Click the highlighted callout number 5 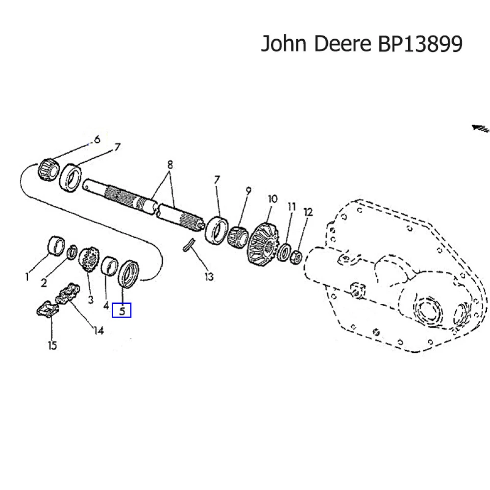click(x=122, y=310)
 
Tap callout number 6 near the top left click(x=97, y=140)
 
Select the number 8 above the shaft click(x=170, y=165)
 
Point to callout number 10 click(x=272, y=199)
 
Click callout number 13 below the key click(x=209, y=277)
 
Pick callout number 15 click(x=52, y=345)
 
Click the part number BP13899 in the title click(x=420, y=44)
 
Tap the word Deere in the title click(x=343, y=44)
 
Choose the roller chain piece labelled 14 click(x=68, y=295)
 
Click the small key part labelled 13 click(x=189, y=244)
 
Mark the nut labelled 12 click(x=296, y=256)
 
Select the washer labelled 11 click(x=284, y=253)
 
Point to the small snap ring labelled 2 click(x=72, y=252)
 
